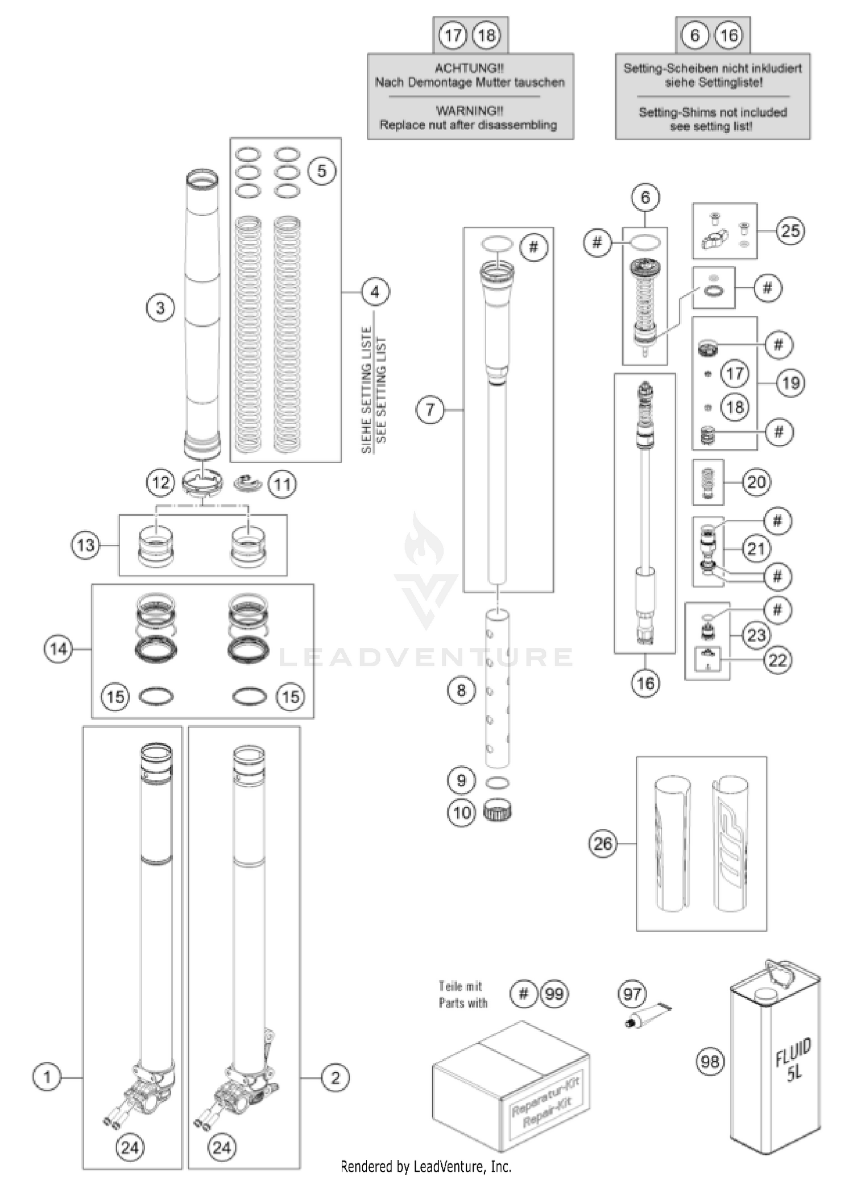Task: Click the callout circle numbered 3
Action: point(160,308)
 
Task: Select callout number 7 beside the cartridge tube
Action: point(430,410)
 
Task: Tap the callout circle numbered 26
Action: point(603,843)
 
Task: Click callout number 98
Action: point(710,1061)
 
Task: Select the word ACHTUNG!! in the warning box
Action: point(469,68)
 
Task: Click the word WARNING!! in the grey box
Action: point(469,111)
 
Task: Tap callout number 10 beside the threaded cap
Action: point(461,812)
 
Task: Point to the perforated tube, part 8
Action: point(497,688)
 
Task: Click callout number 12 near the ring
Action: point(160,483)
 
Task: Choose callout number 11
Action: point(283,485)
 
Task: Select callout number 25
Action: point(790,231)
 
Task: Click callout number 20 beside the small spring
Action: point(756,482)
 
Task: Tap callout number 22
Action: point(777,660)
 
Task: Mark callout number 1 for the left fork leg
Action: point(47,1077)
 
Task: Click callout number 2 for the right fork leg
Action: point(335,1077)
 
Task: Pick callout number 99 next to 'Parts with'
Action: point(554,994)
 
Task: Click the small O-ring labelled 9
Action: point(497,783)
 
